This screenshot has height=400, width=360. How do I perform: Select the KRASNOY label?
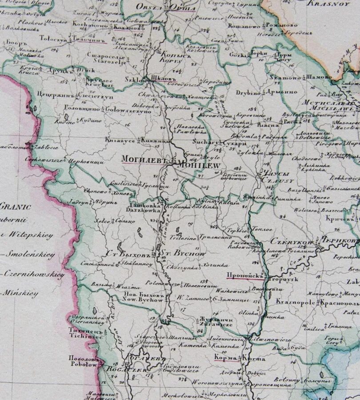(x=340, y=4)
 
